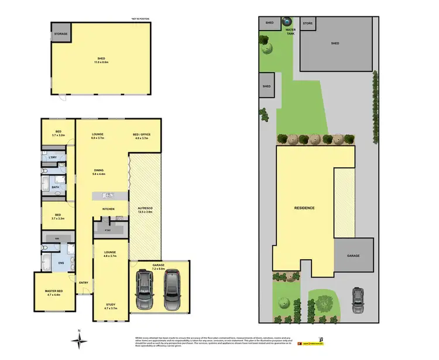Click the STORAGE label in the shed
pos(61,34)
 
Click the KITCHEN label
pos(108,209)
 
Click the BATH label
pos(55,187)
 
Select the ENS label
pos(61,263)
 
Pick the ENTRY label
pos(83,283)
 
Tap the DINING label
pos(98,171)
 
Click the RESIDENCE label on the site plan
pos(304,208)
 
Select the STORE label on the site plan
pos(308,23)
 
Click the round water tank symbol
pos(287,22)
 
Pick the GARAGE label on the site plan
pos(352,255)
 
